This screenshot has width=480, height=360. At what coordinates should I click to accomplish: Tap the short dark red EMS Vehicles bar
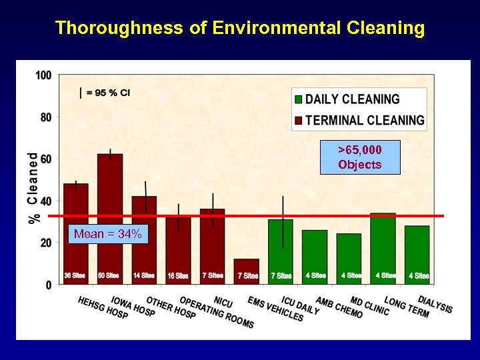247,267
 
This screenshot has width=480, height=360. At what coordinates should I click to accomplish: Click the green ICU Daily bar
281,247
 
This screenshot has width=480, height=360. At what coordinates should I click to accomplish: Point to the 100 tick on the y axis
43,75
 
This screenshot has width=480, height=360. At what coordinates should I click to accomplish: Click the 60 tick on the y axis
45,159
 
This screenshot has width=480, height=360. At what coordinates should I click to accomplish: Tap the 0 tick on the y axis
48,285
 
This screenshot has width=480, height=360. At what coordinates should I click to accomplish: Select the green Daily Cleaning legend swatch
299,100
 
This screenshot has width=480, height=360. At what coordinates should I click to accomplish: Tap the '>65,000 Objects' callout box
360,157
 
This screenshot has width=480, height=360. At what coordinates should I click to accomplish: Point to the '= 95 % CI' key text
107,93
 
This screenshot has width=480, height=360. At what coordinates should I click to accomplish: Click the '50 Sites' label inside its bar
109,275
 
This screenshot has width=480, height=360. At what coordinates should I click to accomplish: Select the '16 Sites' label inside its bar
178,275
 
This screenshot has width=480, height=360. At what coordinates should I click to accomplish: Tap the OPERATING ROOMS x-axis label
216,313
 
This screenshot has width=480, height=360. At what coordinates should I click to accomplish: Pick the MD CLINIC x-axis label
369,306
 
